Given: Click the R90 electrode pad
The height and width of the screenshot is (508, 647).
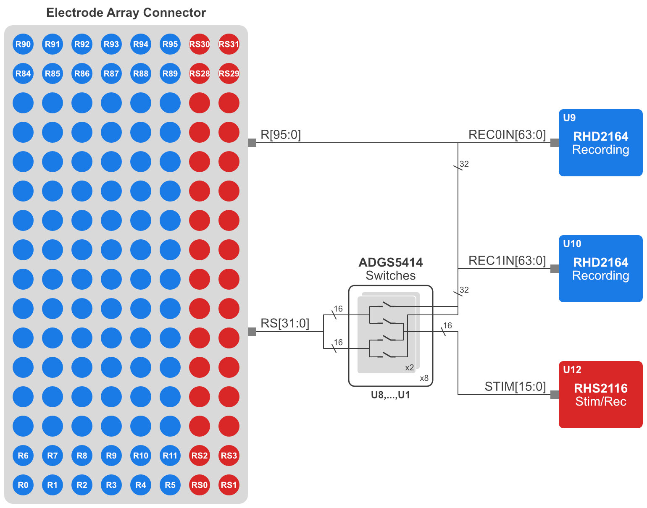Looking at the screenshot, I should [x=23, y=44].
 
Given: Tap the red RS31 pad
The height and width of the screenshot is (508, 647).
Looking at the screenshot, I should [x=229, y=44].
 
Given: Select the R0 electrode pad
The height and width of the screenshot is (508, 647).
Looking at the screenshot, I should [x=23, y=485].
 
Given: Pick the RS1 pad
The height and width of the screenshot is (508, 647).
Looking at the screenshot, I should [x=229, y=485].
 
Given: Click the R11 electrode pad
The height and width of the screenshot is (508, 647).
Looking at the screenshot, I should [x=170, y=456].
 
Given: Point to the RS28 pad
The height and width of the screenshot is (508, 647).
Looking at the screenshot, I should [x=200, y=73].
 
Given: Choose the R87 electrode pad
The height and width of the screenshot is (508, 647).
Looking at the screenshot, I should [x=111, y=73].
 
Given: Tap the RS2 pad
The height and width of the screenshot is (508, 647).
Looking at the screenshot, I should [x=200, y=456].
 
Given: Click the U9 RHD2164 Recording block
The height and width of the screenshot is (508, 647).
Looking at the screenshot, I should [x=600, y=143].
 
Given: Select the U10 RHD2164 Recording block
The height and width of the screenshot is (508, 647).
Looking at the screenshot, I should [x=600, y=269].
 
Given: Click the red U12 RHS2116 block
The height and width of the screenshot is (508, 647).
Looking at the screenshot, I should [x=600, y=395].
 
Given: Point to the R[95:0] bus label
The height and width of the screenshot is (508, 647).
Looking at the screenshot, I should [x=281, y=135].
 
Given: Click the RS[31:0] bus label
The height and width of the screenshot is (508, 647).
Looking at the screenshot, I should [x=285, y=323].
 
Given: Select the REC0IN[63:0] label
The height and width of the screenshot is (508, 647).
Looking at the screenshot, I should [x=507, y=135].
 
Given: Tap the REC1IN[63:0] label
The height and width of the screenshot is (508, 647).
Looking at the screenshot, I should [x=507, y=261].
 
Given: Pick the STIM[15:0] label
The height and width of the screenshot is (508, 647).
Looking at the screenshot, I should [x=515, y=387].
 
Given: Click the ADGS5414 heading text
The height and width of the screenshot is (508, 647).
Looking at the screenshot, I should [x=391, y=263].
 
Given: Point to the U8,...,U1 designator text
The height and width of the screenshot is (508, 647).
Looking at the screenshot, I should [x=390, y=395].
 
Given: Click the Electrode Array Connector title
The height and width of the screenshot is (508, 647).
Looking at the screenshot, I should [x=126, y=13].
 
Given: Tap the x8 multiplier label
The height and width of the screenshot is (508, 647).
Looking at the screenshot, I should [x=424, y=378].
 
